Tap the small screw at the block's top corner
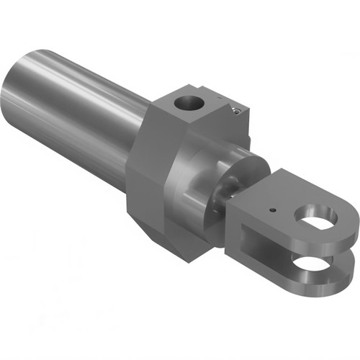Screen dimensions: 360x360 [235, 109]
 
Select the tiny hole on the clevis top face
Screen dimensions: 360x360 [271, 210]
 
